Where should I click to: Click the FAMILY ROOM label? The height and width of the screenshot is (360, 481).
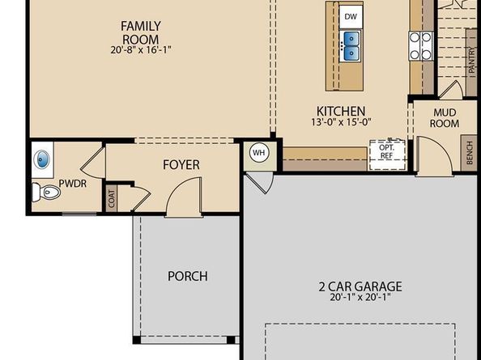[x=141, y=33]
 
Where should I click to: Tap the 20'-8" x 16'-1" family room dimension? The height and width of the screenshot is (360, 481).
[x=141, y=49]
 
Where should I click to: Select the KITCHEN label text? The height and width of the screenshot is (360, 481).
[x=341, y=111]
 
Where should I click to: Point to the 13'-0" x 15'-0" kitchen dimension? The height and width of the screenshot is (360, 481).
[x=341, y=122]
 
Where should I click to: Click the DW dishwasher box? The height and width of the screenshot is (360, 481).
[x=351, y=17]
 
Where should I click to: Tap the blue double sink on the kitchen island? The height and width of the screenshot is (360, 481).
[x=351, y=46]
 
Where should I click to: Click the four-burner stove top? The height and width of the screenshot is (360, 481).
[x=420, y=46]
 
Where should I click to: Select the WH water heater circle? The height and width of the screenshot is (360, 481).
[x=259, y=152]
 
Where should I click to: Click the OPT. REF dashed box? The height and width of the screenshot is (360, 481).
[x=387, y=154]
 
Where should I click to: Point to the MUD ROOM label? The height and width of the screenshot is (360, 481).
[x=445, y=118]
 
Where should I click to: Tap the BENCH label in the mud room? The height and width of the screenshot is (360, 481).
[x=470, y=153]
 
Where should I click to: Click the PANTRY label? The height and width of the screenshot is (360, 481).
[x=472, y=60]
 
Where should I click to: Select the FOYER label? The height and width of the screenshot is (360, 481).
[x=181, y=165]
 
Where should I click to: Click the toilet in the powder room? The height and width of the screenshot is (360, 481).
[x=46, y=192]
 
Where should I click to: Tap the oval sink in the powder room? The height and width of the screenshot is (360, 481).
[x=42, y=159]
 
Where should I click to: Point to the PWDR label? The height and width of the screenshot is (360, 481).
[x=72, y=184]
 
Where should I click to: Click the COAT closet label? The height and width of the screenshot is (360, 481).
[x=112, y=198]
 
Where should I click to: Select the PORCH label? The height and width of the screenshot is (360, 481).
[x=188, y=276]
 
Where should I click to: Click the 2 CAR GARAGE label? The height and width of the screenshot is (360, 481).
[x=360, y=286]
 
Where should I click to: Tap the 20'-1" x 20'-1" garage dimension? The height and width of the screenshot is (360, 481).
[x=360, y=297]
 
